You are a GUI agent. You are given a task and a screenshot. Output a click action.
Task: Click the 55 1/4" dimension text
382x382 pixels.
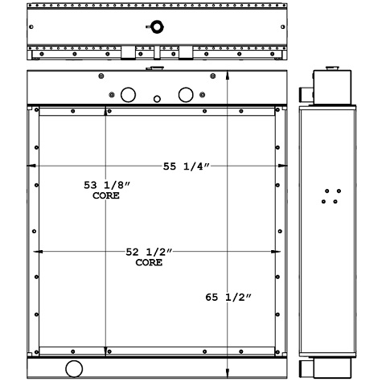click(x=187, y=166)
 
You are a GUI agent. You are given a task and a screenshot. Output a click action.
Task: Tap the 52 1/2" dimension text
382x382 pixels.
click(x=149, y=253)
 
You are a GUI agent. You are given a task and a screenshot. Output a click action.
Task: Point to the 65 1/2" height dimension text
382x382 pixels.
click(x=229, y=298)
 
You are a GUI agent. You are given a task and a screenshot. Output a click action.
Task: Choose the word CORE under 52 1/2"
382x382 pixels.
click(x=149, y=263)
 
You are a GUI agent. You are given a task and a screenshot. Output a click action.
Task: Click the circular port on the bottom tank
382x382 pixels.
click(x=74, y=369)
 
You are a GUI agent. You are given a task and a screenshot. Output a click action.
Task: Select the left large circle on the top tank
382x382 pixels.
click(x=127, y=95)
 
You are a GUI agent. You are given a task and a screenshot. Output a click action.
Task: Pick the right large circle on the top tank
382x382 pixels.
click(x=186, y=95)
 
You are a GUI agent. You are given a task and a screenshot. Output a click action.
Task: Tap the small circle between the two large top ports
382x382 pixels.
click(x=157, y=100)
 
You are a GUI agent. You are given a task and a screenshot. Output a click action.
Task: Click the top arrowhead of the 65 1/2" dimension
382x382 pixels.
click(x=229, y=75)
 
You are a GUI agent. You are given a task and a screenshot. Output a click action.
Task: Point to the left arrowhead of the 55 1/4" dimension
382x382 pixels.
click(x=31, y=166)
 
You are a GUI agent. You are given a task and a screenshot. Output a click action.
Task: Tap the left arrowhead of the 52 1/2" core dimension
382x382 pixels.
click(x=41, y=253)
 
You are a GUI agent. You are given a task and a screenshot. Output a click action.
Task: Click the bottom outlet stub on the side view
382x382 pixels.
click(x=308, y=368)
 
